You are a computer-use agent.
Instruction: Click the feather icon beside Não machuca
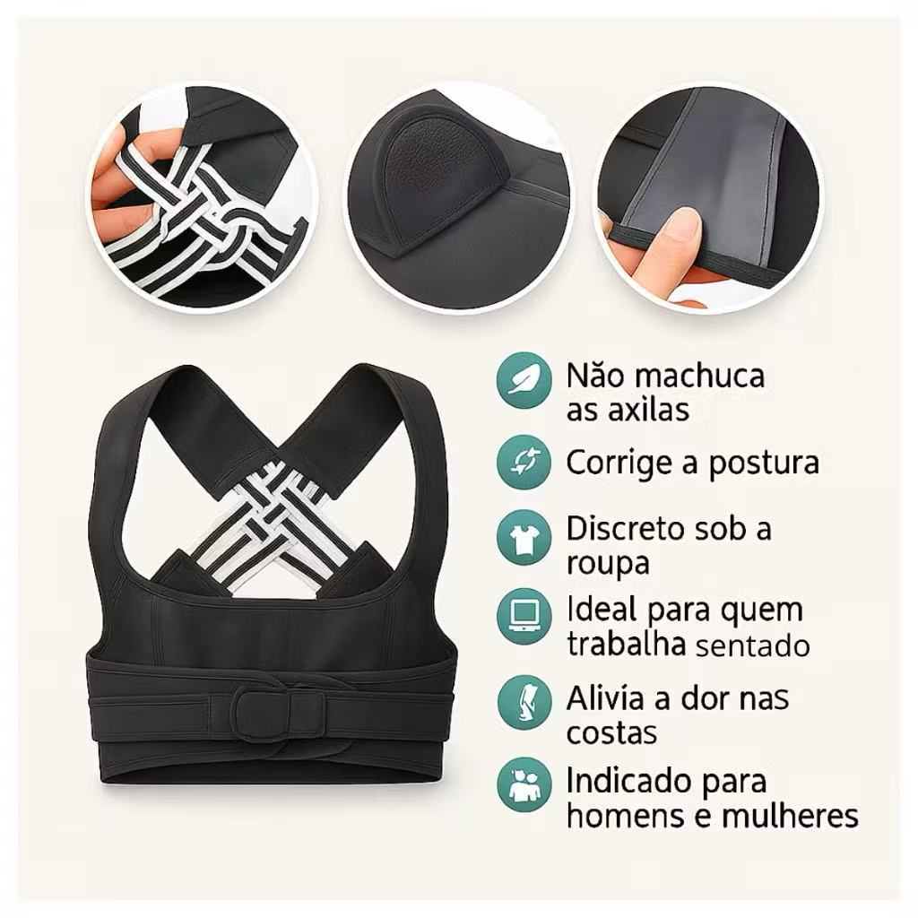click(524, 380)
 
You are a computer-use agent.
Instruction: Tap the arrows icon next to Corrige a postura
click(524, 462)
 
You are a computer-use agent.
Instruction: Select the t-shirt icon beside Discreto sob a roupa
click(524, 538)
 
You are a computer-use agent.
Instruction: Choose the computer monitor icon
click(524, 617)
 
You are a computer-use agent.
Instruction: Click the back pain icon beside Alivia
click(524, 702)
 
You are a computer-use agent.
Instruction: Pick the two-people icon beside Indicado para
click(524, 784)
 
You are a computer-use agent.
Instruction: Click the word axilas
click(648, 409)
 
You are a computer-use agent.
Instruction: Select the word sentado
click(753, 646)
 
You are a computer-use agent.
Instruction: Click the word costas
click(611, 733)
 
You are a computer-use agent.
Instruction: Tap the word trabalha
click(626, 644)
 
